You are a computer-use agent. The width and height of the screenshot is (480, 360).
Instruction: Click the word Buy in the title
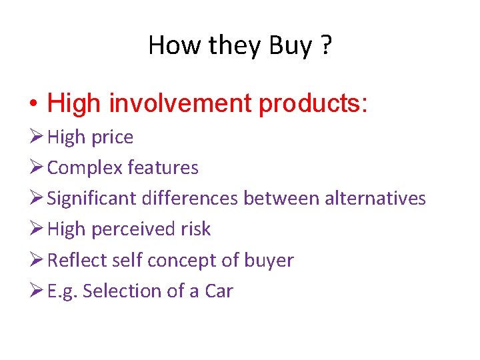[290, 46]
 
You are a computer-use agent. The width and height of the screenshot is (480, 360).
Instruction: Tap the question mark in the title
[325, 46]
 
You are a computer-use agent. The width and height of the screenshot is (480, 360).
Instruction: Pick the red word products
[313, 104]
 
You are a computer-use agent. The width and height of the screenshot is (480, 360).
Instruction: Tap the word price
[112, 137]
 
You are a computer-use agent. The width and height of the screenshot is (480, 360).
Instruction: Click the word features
[163, 168]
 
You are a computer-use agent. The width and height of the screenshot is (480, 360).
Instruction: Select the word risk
[195, 229]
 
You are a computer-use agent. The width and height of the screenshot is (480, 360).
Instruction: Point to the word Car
[218, 291]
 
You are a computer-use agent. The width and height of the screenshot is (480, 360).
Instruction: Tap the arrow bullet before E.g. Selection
[36, 291]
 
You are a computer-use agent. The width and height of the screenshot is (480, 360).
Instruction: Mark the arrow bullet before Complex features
[36, 167]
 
